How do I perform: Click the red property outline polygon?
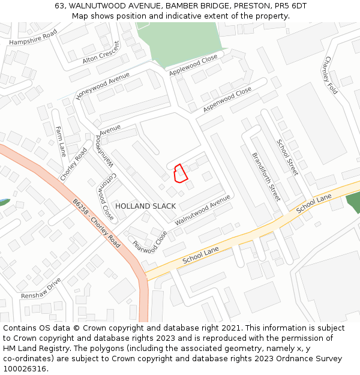180,173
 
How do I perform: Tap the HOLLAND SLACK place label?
145,206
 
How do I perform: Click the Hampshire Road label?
33,37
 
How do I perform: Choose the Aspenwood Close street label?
227,100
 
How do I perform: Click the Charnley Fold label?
331,76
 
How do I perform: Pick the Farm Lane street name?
59,141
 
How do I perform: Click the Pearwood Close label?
149,242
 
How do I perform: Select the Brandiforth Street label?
266,175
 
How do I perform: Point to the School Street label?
287,157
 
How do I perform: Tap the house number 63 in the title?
59,5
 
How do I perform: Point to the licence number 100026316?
24,368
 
